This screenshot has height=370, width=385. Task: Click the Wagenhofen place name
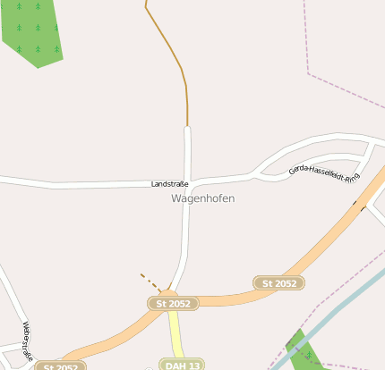[202, 198]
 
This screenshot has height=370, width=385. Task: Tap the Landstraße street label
[167, 183]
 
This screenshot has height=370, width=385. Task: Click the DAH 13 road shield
[181, 365]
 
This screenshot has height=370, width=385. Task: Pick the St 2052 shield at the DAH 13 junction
[173, 304]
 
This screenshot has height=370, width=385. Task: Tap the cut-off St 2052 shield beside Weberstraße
[60, 366]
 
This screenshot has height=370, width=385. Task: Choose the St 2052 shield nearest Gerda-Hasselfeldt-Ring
[279, 283]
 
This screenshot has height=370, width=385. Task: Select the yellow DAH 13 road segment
[176, 335]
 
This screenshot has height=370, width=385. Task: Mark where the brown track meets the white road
[188, 127]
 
